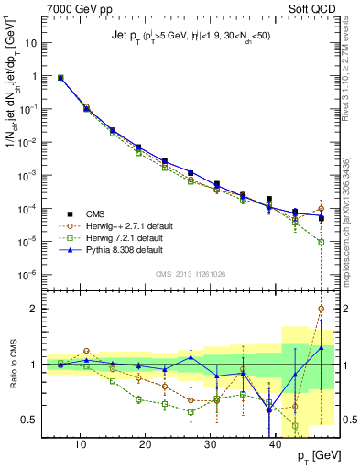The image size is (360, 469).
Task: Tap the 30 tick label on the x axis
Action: (x=212, y=446)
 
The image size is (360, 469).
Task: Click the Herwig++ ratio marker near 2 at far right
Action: (x=321, y=309)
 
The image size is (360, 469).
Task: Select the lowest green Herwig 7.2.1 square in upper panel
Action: (x=321, y=242)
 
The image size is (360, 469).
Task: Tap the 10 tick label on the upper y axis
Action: (x=31, y=42)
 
